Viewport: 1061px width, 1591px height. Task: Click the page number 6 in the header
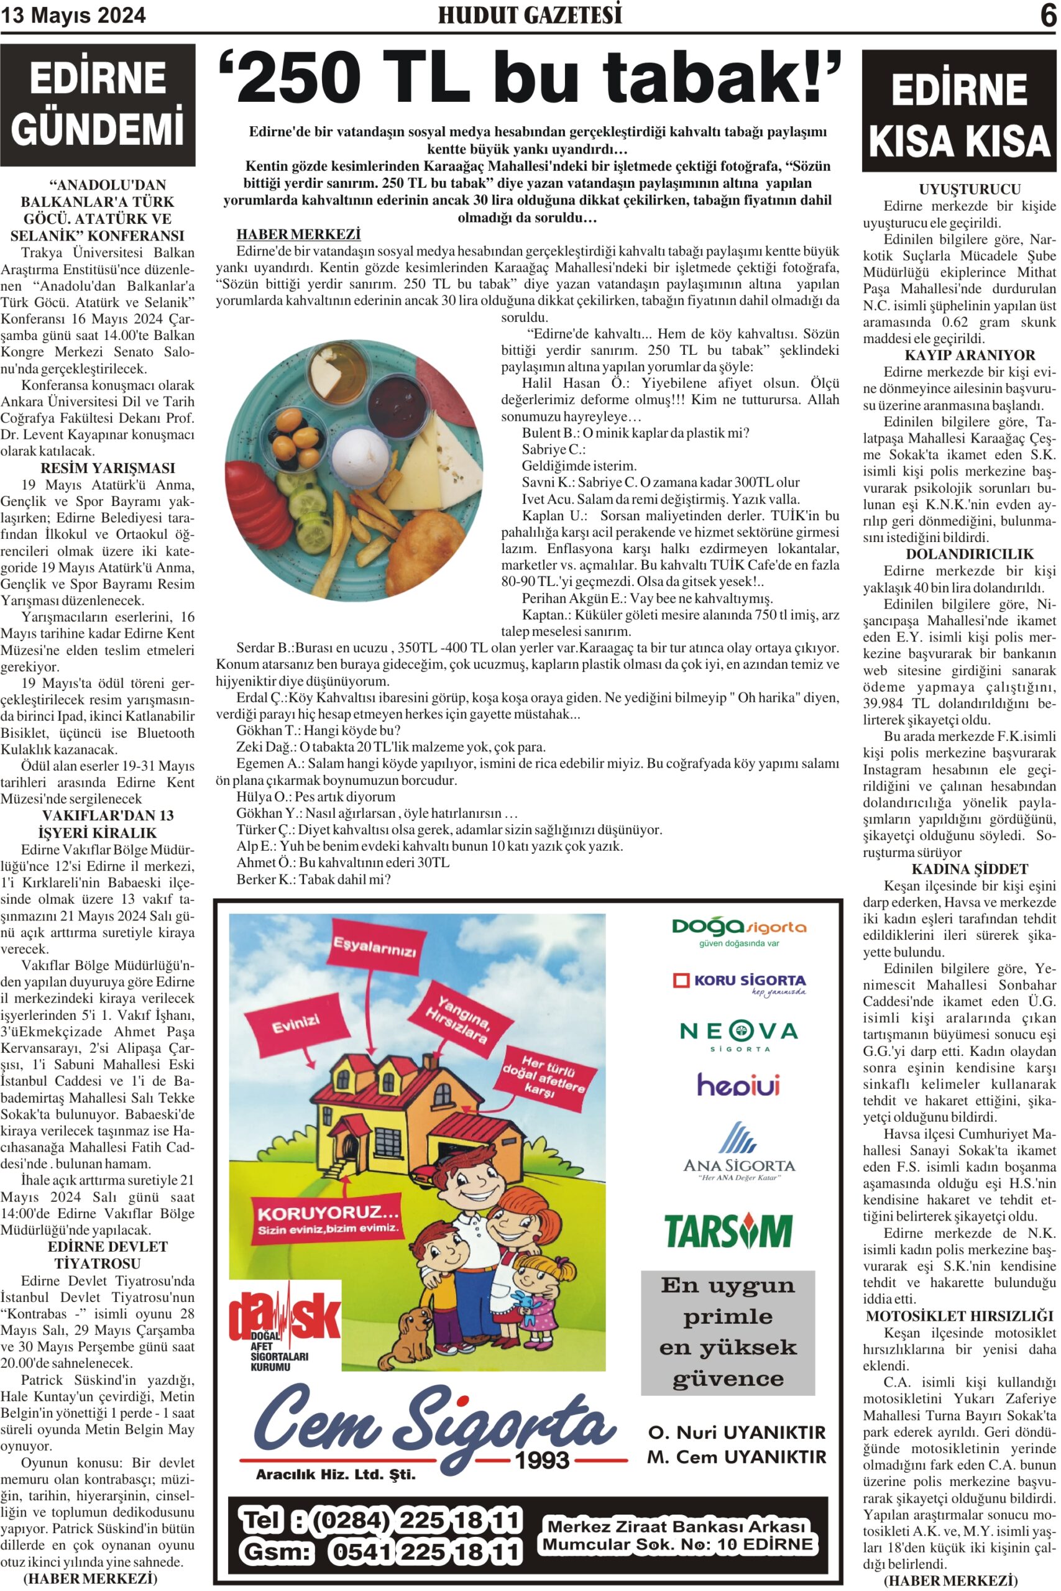(x=1047, y=16)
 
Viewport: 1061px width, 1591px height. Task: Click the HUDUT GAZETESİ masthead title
(x=529, y=16)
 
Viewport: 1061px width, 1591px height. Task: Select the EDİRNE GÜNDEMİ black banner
(x=98, y=105)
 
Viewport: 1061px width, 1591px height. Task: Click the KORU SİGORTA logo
(x=739, y=982)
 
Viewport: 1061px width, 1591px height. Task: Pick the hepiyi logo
(x=738, y=1086)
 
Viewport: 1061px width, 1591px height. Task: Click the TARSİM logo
(x=728, y=1231)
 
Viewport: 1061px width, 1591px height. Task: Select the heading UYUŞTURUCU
(x=959, y=190)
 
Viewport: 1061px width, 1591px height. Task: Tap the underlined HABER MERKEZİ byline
(x=298, y=234)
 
